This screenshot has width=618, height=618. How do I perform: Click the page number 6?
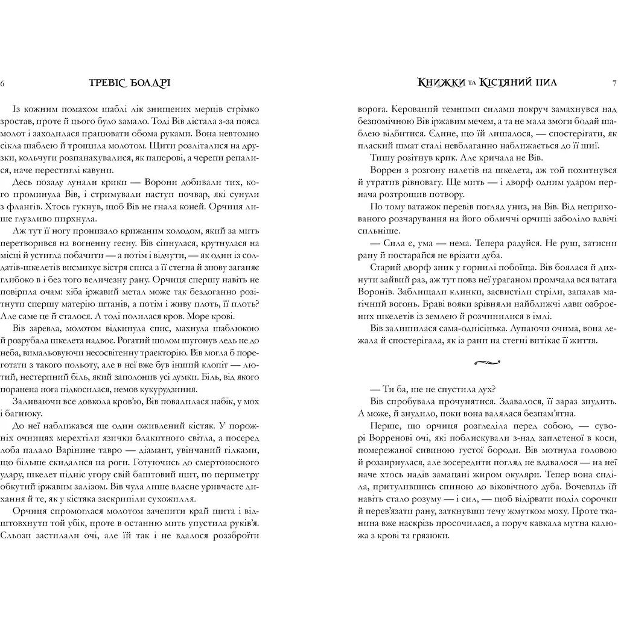coord(4,83)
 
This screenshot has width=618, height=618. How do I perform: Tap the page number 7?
coord(613,83)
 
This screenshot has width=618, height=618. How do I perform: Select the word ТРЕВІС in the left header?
coord(106,83)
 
